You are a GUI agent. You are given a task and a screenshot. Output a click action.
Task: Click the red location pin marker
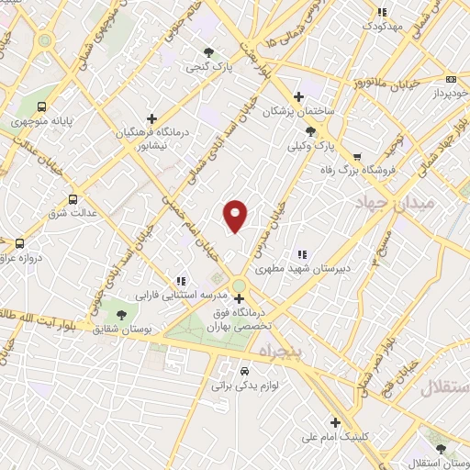pyautogui.click(x=236, y=215)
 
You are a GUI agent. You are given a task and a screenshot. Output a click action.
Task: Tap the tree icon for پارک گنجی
pyautogui.click(x=209, y=52)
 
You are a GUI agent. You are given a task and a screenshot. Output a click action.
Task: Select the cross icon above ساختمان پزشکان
pyautogui.click(x=297, y=96)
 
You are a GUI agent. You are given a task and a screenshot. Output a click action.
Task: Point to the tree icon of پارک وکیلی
pyautogui.click(x=322, y=131)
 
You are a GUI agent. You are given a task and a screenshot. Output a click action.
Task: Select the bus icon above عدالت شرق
pyautogui.click(x=73, y=199)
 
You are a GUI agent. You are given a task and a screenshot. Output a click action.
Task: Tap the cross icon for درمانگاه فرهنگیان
pyautogui.click(x=151, y=118)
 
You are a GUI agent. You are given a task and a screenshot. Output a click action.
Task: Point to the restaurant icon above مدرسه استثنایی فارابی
pyautogui.click(x=182, y=281)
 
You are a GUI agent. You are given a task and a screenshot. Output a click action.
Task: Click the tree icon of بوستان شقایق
pyautogui.click(x=121, y=315)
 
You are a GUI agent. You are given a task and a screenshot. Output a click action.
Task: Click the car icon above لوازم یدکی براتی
pyautogui.click(x=244, y=371)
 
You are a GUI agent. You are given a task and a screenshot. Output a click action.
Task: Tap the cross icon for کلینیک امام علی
pyautogui.click(x=336, y=423)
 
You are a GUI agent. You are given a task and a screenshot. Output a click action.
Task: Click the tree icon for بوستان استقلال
pyautogui.click(x=442, y=450)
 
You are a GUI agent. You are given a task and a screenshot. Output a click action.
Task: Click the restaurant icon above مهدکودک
pyautogui.click(x=382, y=13)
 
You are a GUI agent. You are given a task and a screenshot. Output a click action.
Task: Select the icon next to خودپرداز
pyautogui.click(x=451, y=79)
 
